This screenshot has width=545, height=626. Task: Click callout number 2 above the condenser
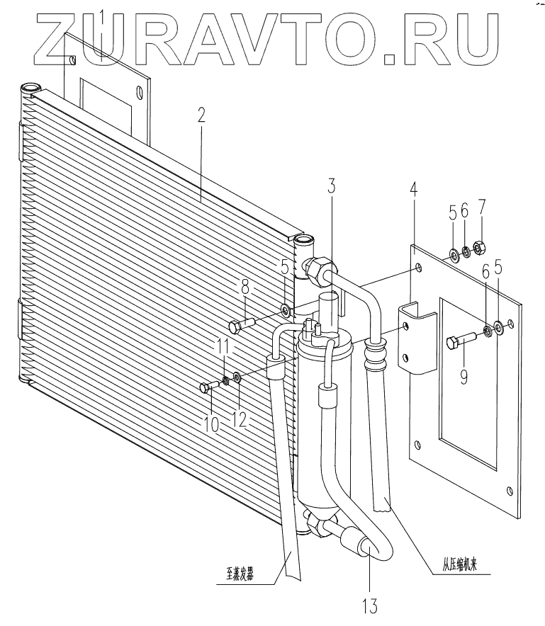[x=201, y=115]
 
